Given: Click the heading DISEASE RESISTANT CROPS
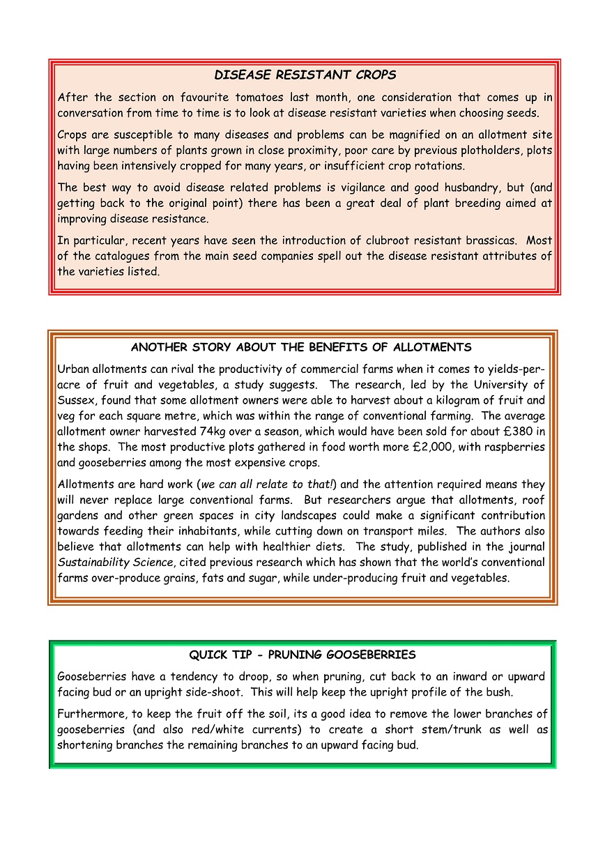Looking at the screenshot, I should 305,75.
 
